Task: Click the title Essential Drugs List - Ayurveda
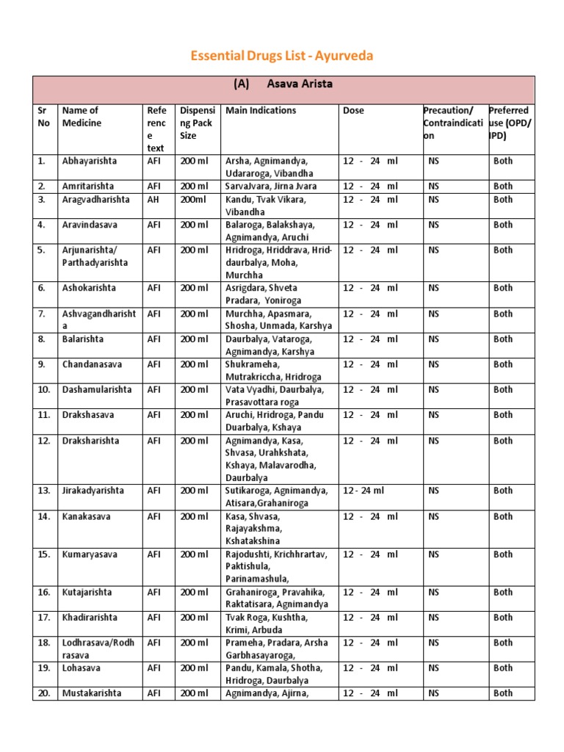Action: pos(283,56)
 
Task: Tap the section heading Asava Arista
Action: pos(283,84)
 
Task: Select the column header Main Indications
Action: pos(261,111)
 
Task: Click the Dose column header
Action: pos(353,111)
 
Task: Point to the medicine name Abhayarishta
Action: pos(89,161)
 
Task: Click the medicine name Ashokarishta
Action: pos(89,289)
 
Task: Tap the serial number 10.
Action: pos(44,390)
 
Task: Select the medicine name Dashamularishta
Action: pos(97,390)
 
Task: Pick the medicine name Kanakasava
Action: pos(87,517)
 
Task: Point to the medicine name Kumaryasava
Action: pos(90,555)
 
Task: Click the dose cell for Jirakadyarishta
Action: pos(363,491)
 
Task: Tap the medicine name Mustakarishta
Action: pos(92,693)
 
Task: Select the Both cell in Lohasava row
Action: pos(503,668)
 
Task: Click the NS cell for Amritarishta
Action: pos(433,187)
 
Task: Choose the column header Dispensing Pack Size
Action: pos(196,123)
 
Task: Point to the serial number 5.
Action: pos(42,250)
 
